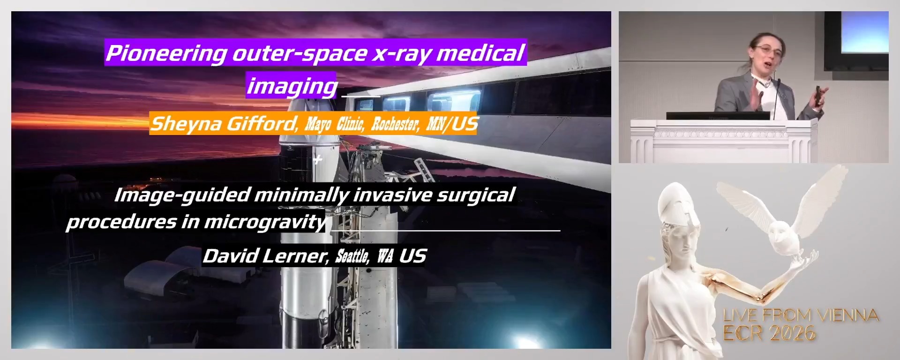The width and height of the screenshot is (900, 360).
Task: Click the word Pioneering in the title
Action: [166, 53]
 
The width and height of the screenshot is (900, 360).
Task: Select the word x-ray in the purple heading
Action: [401, 53]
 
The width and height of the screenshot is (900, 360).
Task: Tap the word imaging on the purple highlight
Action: [292, 86]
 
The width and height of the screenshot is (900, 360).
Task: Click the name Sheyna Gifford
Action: [223, 124]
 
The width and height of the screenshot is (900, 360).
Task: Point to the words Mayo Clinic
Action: [334, 124]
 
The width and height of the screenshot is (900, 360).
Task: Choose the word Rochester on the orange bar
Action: [395, 124]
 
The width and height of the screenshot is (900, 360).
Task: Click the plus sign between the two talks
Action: [318, 160]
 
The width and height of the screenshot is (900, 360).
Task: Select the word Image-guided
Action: [182, 195]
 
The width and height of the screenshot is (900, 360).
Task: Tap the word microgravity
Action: [264, 222]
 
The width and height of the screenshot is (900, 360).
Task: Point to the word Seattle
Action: [352, 256]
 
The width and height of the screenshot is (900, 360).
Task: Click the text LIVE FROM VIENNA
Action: [801, 315]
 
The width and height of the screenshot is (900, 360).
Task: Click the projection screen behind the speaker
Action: [864, 32]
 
